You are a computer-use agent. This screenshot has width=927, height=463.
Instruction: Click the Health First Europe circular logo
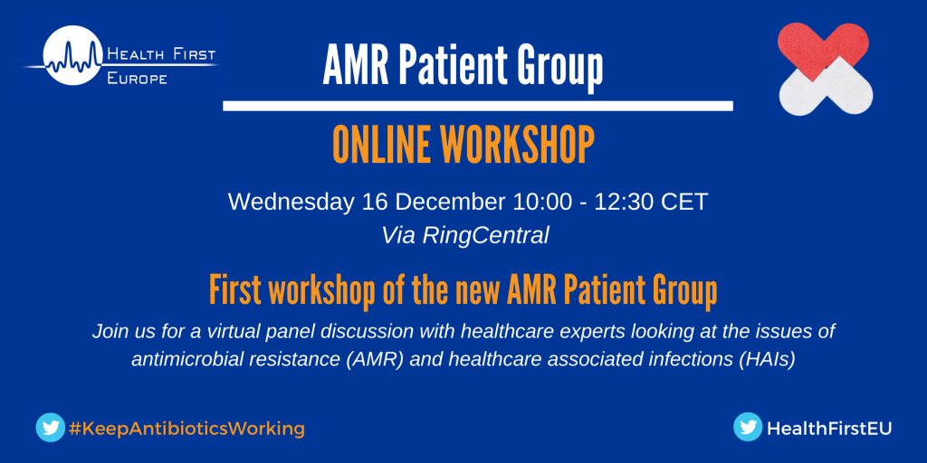(x=73, y=55)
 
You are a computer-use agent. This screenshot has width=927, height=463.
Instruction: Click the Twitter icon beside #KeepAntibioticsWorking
(x=51, y=427)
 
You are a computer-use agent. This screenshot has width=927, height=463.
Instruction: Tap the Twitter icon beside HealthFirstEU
(x=748, y=427)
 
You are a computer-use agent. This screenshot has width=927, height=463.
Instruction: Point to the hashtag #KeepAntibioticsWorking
(x=186, y=428)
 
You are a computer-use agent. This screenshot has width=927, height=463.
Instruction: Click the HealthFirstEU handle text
(x=829, y=429)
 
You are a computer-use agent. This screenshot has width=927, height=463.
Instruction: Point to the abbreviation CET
(x=684, y=202)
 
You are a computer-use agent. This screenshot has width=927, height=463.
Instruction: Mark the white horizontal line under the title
(x=478, y=106)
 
